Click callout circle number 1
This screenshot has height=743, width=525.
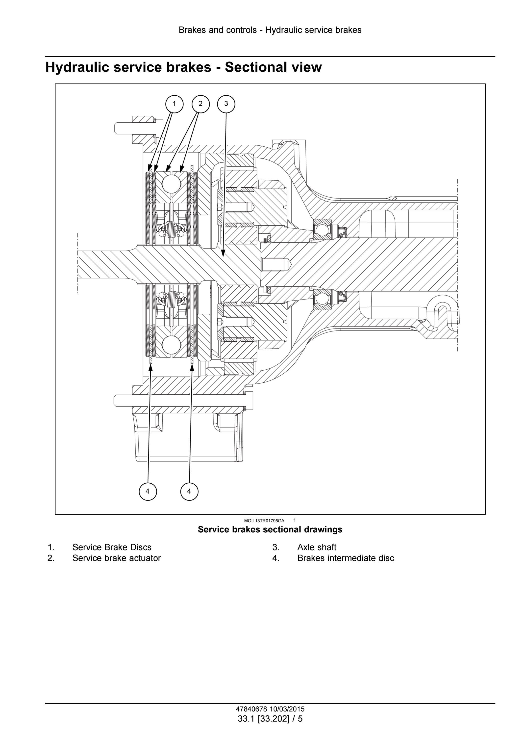tap(174, 104)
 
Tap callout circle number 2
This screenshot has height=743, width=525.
tap(200, 104)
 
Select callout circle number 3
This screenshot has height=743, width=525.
tap(226, 104)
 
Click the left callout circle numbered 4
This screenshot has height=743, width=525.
tap(148, 491)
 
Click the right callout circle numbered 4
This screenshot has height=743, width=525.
tap(189, 491)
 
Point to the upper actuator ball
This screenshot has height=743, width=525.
tap(171, 184)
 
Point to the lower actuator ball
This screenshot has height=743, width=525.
tap(171, 345)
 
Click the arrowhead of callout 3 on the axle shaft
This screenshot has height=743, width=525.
tap(223, 254)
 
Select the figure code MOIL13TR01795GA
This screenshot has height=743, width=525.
tap(264, 521)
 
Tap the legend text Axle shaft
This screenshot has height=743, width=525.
tap(317, 547)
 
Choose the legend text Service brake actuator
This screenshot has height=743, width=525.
tap(116, 558)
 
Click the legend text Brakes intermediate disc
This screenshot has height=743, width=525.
tap(346, 558)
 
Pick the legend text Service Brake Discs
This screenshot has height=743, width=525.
tap(112, 547)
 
